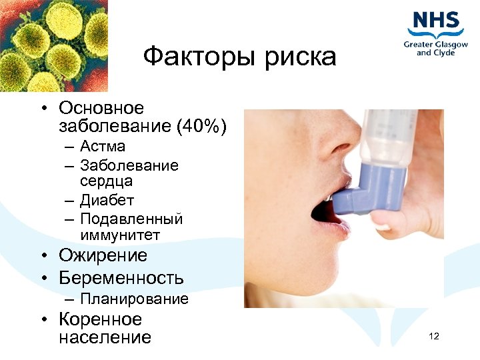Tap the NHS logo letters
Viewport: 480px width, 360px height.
click(436, 21)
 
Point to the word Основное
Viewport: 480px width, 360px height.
click(101, 108)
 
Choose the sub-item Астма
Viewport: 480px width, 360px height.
click(102, 146)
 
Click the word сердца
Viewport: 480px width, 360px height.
click(106, 181)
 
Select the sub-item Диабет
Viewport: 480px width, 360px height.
click(107, 200)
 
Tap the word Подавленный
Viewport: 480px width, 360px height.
click(131, 219)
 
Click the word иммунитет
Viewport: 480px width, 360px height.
click(120, 235)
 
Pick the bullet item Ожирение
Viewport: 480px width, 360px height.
click(103, 256)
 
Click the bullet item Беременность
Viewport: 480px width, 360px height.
click(121, 278)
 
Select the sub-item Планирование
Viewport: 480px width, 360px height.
click(134, 299)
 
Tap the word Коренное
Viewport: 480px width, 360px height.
click(100, 319)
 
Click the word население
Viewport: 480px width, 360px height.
click(105, 337)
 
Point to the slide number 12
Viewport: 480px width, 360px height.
click(434, 336)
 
